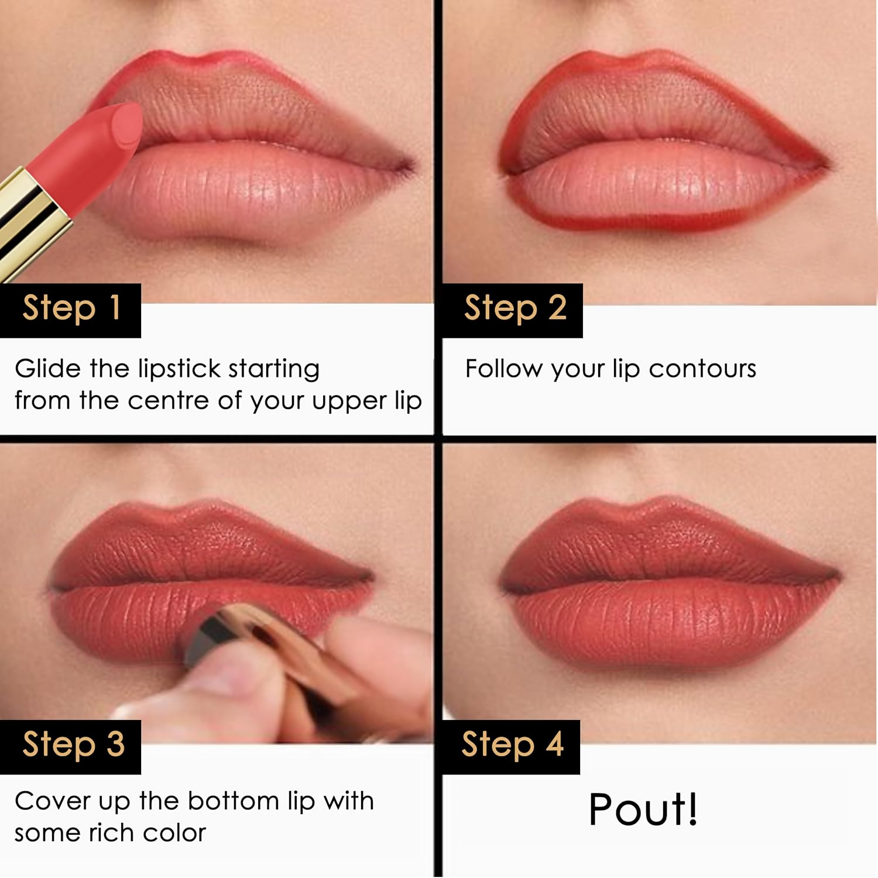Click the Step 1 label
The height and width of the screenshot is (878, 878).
71,308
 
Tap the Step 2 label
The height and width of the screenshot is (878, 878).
515,308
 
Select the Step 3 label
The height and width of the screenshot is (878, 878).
73,745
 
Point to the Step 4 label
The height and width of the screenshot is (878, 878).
512,745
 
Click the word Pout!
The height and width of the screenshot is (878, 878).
643,810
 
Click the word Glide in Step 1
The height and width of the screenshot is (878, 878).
48,369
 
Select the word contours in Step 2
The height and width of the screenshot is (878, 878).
702,369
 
